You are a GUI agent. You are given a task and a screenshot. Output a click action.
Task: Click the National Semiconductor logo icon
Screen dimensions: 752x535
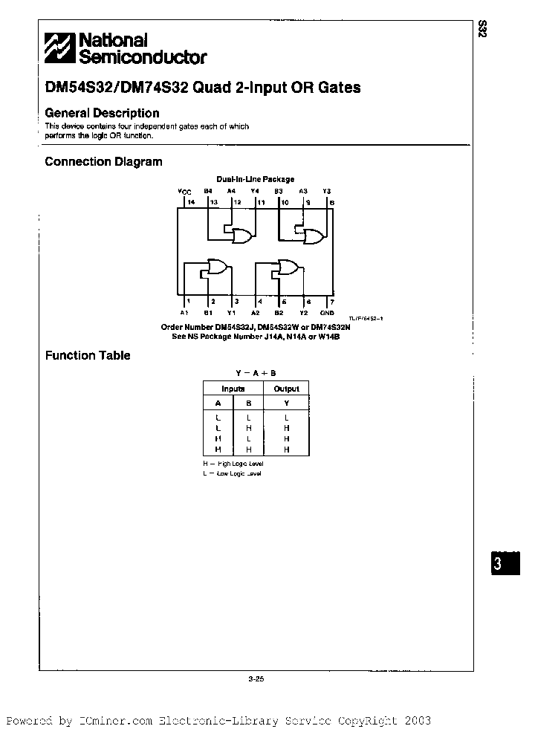(x=59, y=48)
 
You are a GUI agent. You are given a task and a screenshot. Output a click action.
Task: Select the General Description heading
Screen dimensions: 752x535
(x=102, y=113)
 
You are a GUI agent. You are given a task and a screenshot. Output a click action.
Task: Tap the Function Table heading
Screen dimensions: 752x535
(x=88, y=355)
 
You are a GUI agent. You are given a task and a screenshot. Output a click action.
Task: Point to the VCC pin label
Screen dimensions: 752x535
(x=184, y=191)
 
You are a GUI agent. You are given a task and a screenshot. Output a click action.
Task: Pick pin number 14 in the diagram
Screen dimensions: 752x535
(x=190, y=201)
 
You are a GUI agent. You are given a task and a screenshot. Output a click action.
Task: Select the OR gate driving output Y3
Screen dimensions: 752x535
(x=314, y=236)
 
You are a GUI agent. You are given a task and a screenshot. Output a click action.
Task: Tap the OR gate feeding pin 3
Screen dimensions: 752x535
(x=219, y=268)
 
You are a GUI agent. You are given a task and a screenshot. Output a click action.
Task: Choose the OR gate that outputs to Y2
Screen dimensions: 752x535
(x=288, y=268)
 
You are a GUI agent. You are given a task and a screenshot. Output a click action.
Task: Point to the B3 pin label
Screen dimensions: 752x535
(x=279, y=191)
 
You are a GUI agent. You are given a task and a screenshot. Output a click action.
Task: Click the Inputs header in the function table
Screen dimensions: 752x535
(x=233, y=389)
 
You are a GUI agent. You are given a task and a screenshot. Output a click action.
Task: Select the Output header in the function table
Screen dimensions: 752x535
(x=286, y=389)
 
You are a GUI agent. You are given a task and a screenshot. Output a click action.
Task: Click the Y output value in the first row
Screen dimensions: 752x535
(x=286, y=418)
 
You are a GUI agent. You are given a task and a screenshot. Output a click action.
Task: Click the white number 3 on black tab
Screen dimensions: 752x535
(x=497, y=564)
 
